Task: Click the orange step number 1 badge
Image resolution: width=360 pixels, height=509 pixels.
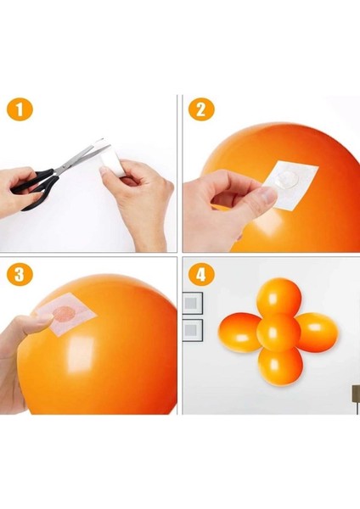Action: (x=20, y=109)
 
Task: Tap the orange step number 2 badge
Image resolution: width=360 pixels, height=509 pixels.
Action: (x=201, y=109)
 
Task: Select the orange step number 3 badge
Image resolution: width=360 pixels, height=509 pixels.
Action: (x=20, y=274)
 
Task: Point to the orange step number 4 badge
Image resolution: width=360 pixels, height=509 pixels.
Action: (x=201, y=274)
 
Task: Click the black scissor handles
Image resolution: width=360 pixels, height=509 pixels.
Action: (x=34, y=189)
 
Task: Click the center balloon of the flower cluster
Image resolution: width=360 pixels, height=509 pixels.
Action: (x=278, y=332)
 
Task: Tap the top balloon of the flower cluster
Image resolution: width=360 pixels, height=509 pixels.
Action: (x=278, y=297)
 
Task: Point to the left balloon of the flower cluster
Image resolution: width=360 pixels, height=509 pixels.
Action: (x=239, y=333)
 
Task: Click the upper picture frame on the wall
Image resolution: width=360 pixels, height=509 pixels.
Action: (x=193, y=303)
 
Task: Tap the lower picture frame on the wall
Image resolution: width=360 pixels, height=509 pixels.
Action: (x=193, y=330)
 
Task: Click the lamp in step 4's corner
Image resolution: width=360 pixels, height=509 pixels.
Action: (x=357, y=399)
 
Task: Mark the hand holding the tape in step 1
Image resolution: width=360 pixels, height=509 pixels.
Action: (x=137, y=201)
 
